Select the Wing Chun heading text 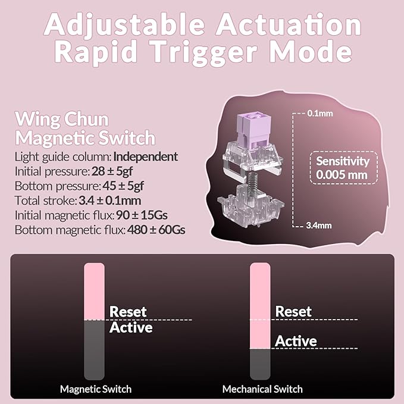tap(62, 120)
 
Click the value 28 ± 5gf tap(112, 171)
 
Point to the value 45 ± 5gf tap(123, 186)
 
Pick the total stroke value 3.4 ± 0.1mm tap(109, 201)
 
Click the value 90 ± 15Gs tap(142, 215)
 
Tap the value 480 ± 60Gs tap(156, 230)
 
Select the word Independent tap(146, 156)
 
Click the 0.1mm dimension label tap(320, 114)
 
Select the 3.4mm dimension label tap(319, 226)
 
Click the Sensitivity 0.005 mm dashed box tap(343, 168)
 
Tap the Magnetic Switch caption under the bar tap(96, 389)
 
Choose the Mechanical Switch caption tap(262, 389)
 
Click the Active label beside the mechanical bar tap(296, 341)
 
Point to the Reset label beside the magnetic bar tap(128, 312)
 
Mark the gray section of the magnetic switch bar tap(94, 350)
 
